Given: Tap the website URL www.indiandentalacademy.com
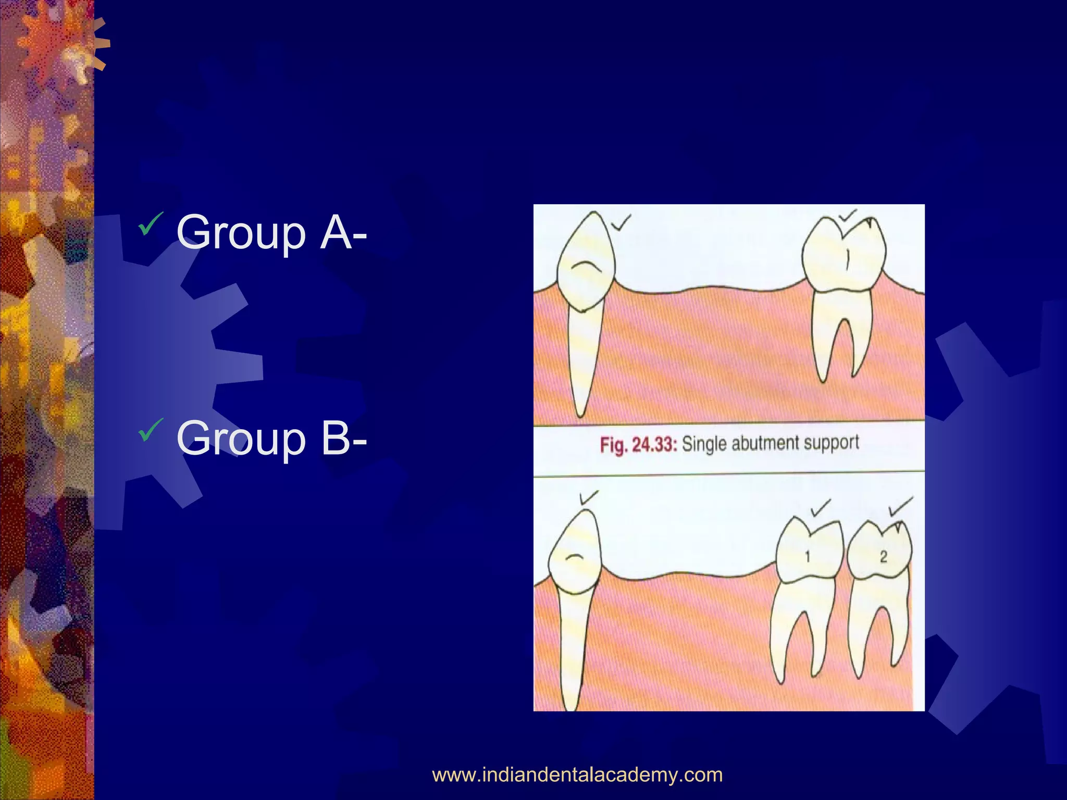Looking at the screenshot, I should tap(577, 775).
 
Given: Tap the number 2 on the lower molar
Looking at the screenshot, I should tap(884, 557).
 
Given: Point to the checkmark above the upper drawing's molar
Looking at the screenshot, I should tap(848, 216).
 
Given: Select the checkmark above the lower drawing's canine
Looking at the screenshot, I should tap(588, 498).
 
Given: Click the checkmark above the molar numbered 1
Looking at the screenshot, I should tap(821, 507).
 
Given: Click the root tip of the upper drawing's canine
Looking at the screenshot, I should tap(580, 414).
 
